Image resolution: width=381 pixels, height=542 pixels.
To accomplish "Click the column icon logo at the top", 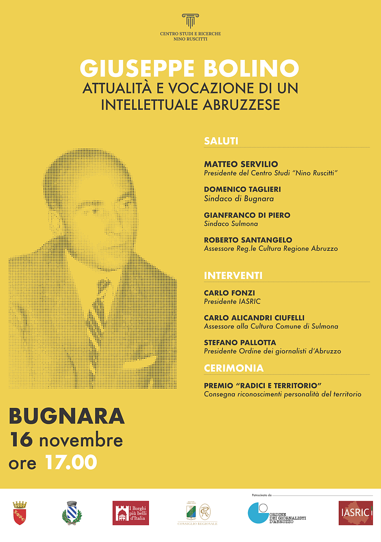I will point(190,21).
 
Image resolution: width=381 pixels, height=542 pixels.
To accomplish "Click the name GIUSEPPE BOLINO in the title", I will point(189,69).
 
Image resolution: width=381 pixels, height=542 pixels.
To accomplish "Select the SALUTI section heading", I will point(221,141).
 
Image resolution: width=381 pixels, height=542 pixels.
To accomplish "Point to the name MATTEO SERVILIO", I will point(241,164).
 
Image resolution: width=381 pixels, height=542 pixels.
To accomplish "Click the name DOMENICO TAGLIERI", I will point(242,189).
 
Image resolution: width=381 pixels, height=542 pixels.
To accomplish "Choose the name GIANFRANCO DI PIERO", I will point(247,215).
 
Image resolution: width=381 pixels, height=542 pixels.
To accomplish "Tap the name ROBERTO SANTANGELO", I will point(248,240).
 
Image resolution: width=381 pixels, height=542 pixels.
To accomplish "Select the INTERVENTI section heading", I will point(233,276).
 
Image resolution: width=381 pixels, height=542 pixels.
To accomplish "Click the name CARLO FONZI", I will point(229,293).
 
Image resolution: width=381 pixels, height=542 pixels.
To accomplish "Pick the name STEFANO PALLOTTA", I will point(240,343).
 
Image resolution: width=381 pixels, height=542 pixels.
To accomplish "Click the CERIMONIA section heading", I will point(234,368).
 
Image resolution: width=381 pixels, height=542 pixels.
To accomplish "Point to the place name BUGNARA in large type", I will point(67,416).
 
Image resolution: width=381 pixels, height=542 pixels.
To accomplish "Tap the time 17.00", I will point(71,462).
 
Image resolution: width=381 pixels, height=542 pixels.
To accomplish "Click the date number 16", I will point(21,440).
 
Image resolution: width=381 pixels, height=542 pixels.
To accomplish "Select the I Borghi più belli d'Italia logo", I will point(131,513).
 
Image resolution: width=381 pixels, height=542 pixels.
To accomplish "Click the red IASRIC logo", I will point(355,513).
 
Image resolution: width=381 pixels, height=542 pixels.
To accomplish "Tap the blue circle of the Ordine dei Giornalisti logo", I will point(258,513).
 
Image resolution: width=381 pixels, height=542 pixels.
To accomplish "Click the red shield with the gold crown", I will point(19,513).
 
